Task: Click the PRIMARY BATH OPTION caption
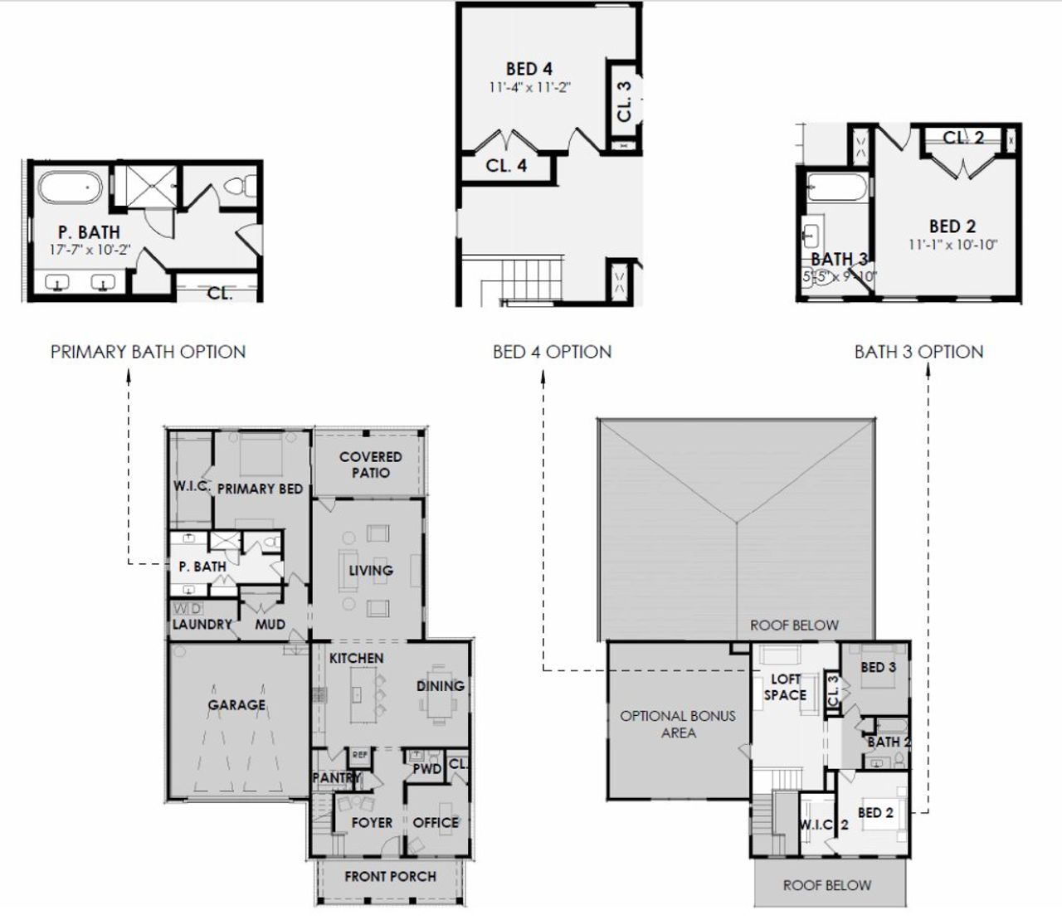pyautogui.click(x=148, y=352)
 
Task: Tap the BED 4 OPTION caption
pyautogui.click(x=552, y=352)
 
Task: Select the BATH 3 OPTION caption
pyautogui.click(x=918, y=352)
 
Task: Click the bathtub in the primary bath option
pyautogui.click(x=70, y=187)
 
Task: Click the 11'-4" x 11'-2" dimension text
pyautogui.click(x=529, y=87)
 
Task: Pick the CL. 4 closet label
pyautogui.click(x=506, y=166)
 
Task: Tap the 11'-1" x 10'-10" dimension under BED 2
pyautogui.click(x=952, y=245)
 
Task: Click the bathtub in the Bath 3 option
pyautogui.click(x=838, y=188)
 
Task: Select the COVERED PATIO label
pyautogui.click(x=370, y=465)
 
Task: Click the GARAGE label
pyautogui.click(x=236, y=705)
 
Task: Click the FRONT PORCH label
pyautogui.click(x=390, y=876)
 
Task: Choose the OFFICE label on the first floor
pyautogui.click(x=436, y=822)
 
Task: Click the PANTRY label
pyautogui.click(x=336, y=778)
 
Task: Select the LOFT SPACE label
pyautogui.click(x=785, y=687)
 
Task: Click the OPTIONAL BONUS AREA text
pyautogui.click(x=678, y=724)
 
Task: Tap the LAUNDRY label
pyautogui.click(x=202, y=624)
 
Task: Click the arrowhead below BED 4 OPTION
pyautogui.click(x=543, y=376)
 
